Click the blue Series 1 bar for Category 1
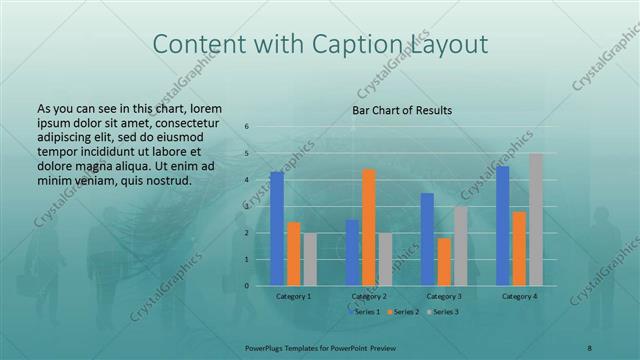(x=277, y=228)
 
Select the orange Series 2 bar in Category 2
(x=369, y=227)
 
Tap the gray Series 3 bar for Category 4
(x=536, y=219)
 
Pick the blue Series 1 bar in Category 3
(x=427, y=239)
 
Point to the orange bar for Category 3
(x=444, y=261)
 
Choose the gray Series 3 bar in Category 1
(x=310, y=259)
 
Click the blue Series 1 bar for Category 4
(x=503, y=225)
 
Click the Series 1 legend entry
(x=364, y=313)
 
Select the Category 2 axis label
(x=369, y=296)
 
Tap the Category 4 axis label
(x=519, y=296)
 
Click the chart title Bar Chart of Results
(x=402, y=110)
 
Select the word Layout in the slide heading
(x=450, y=45)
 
